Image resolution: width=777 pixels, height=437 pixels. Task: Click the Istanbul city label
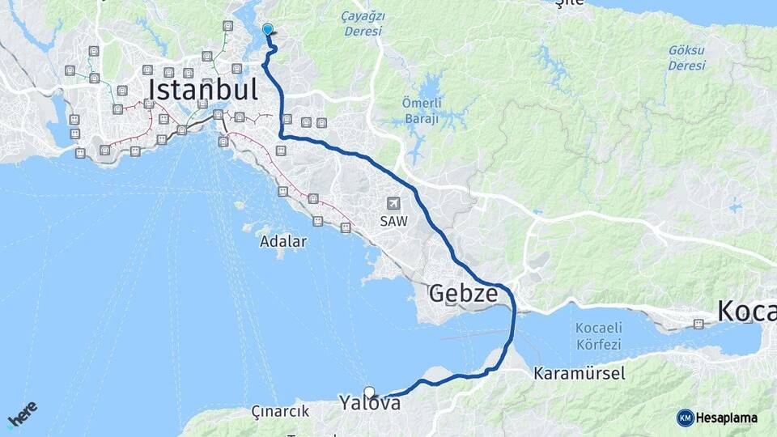202,87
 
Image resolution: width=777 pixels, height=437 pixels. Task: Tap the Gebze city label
463,294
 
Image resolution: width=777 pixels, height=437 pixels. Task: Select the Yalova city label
370,403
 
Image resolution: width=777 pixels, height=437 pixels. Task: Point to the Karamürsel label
579,374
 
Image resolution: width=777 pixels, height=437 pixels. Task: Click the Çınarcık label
281,411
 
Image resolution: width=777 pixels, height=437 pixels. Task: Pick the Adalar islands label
283,241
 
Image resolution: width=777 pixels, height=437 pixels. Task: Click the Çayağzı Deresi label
363,23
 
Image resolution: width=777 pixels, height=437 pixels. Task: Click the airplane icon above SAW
393,203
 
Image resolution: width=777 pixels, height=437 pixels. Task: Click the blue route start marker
268,30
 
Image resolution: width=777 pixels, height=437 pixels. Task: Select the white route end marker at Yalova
369,392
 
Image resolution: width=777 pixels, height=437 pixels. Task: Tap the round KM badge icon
685,418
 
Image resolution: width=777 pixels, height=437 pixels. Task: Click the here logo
22,413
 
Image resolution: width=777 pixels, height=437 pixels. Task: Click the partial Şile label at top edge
570,3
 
